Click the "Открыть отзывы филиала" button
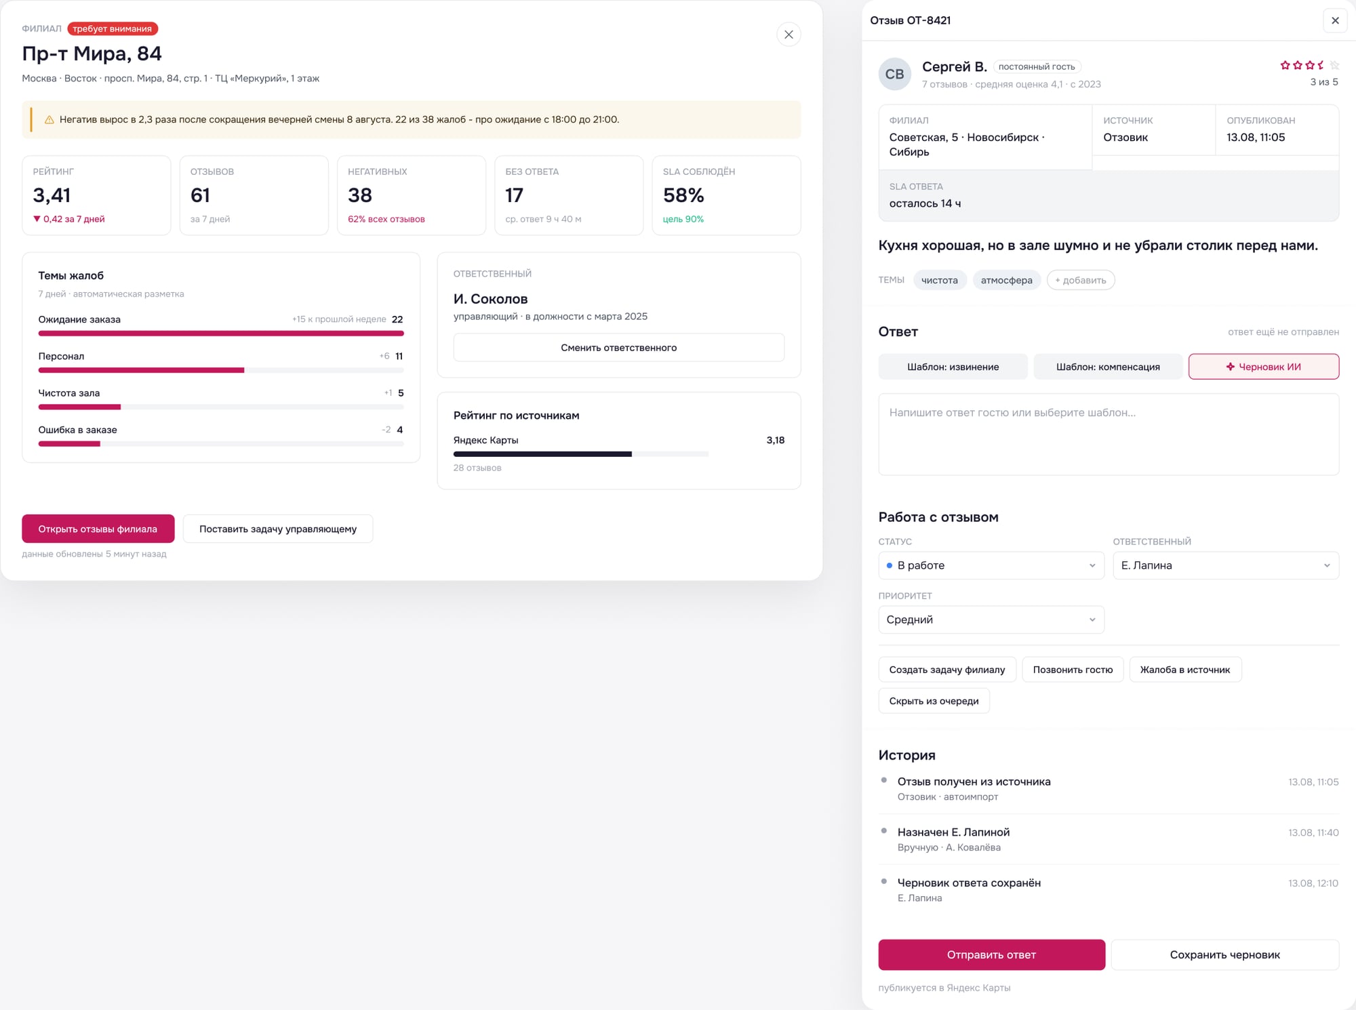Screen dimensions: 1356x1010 pos(98,529)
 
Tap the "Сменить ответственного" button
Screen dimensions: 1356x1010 pos(618,348)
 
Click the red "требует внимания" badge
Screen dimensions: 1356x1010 pos(113,28)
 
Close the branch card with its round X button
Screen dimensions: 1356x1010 pos(789,35)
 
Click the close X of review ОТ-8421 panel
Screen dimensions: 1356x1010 pos(1335,20)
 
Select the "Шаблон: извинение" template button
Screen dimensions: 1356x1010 pos(953,367)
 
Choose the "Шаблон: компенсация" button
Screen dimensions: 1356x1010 pos(1108,367)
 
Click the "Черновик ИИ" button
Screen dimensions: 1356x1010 pos(1263,367)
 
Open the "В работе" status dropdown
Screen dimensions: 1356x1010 pos(991,565)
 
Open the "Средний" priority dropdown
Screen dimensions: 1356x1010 pos(991,620)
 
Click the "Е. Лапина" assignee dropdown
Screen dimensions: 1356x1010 pos(1226,565)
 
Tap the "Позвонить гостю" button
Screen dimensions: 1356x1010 pos(1073,670)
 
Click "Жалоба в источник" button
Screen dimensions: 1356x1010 pos(1185,670)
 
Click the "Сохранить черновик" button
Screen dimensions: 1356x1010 pos(1224,954)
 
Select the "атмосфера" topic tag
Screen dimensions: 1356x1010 pos(1006,280)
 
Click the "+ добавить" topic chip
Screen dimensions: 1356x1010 pos(1081,280)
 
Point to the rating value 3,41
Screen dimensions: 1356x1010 pos(52,195)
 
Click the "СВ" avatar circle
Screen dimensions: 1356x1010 pos(895,74)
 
